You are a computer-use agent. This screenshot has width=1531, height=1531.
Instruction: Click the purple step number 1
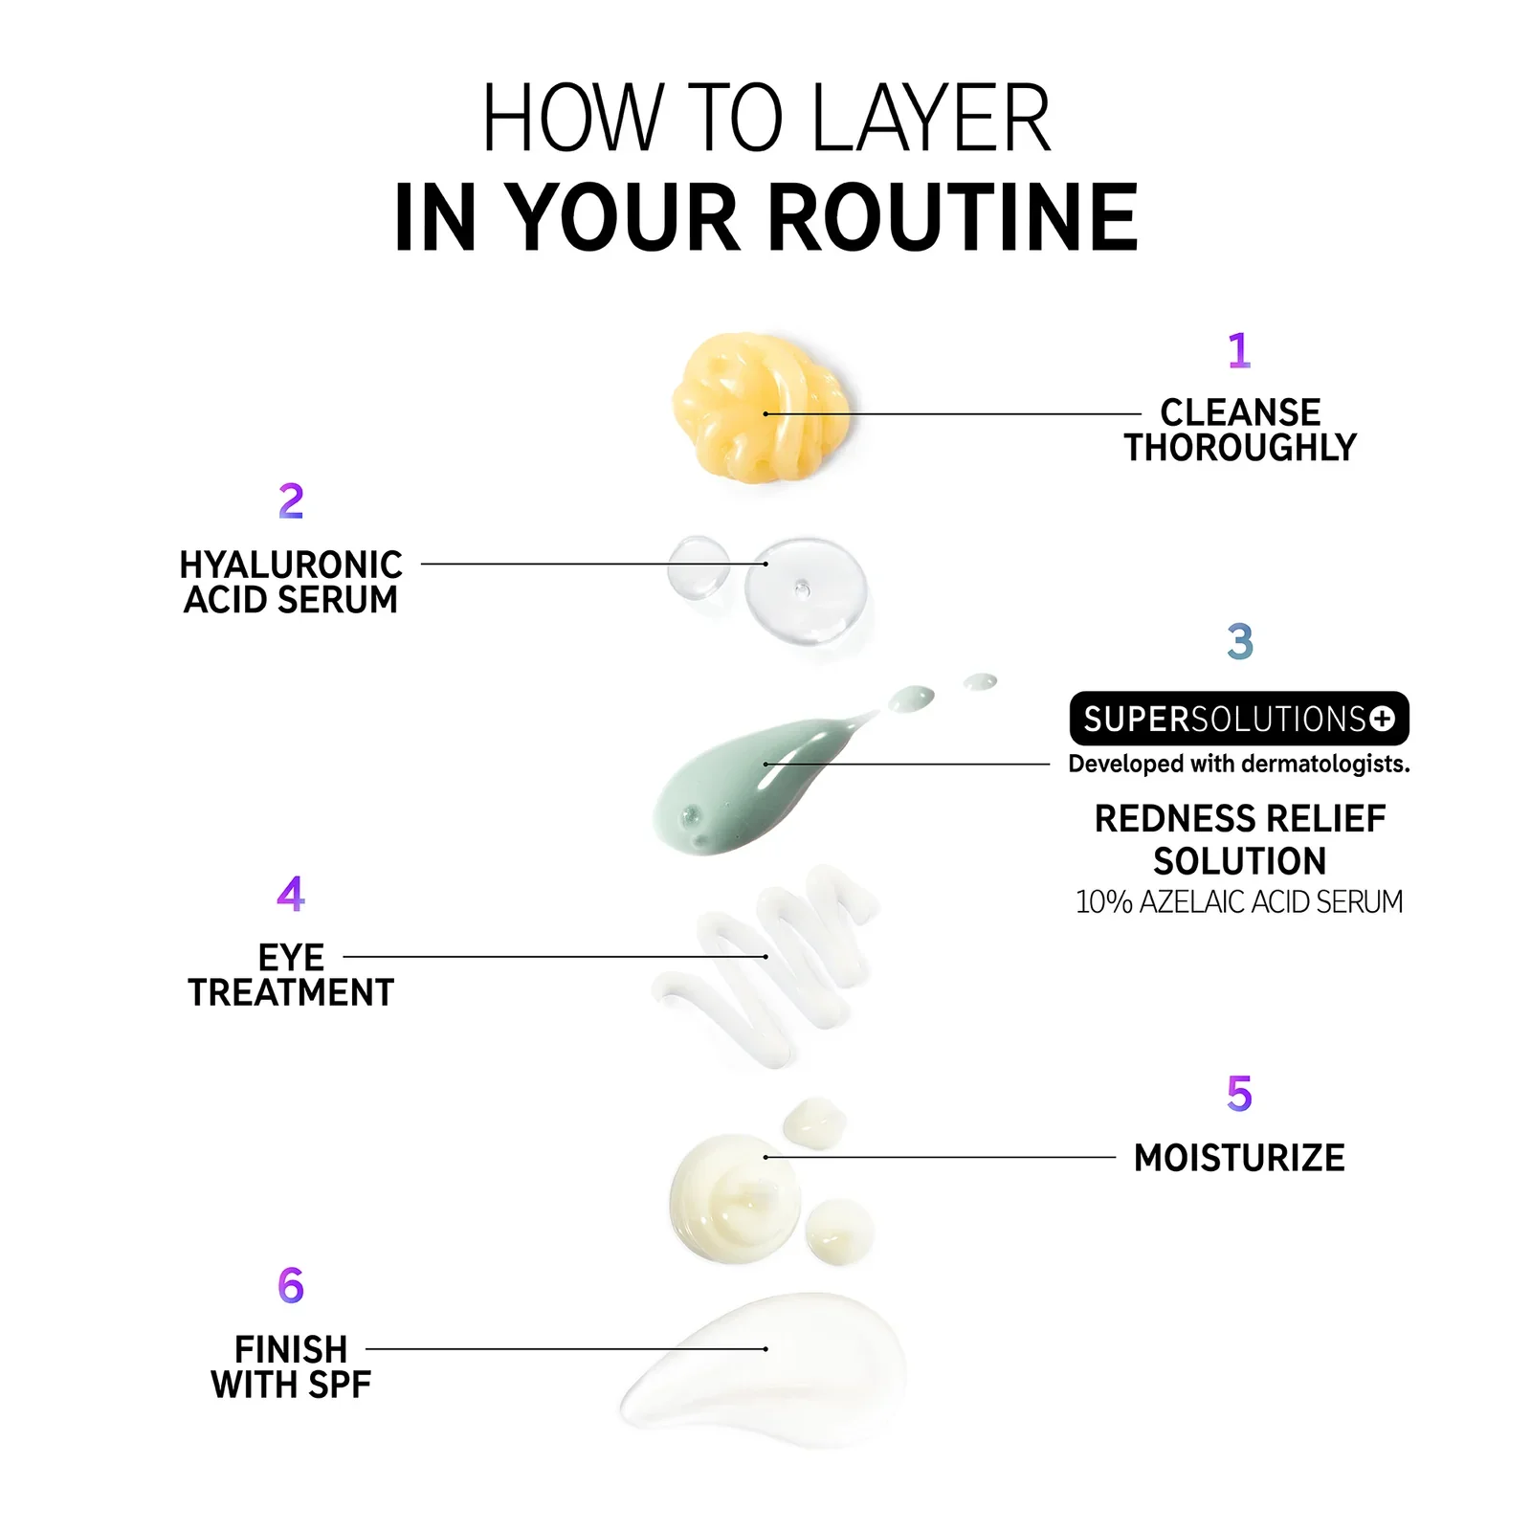(1239, 350)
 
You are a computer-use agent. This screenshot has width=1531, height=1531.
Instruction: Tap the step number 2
(291, 501)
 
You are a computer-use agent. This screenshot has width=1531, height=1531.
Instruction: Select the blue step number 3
(1240, 641)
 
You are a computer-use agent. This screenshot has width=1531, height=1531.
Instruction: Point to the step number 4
(291, 893)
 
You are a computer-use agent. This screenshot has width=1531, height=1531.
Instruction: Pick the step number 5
(1239, 1094)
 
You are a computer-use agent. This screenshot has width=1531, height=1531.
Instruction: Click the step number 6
(291, 1285)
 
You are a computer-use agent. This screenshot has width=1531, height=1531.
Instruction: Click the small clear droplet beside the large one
(699, 566)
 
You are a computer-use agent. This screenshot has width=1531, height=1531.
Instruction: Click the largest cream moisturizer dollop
(735, 1197)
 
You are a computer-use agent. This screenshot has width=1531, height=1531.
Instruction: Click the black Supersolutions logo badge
(1239, 719)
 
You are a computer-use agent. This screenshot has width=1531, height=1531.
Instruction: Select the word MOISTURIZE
(1239, 1158)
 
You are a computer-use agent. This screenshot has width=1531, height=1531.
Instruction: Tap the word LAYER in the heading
(931, 119)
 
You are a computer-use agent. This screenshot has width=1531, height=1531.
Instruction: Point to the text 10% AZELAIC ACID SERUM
(1239, 901)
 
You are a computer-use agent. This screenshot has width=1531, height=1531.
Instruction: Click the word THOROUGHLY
(1240, 448)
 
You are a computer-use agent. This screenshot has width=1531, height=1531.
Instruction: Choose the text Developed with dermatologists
(1239, 764)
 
